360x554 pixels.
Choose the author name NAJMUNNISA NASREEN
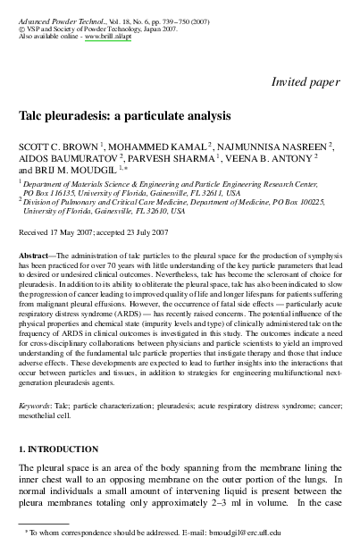tap(273, 144)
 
